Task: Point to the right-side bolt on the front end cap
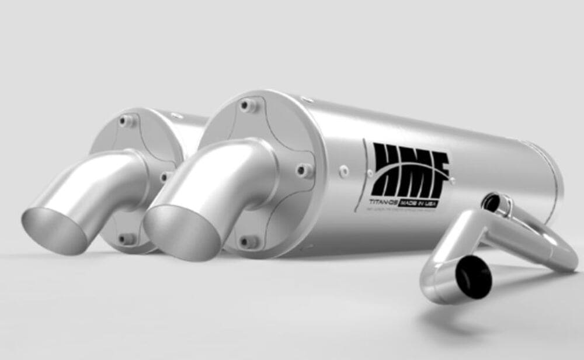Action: [x=303, y=171]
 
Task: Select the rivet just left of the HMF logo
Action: [x=345, y=171]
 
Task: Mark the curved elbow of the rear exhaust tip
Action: [x=117, y=169]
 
